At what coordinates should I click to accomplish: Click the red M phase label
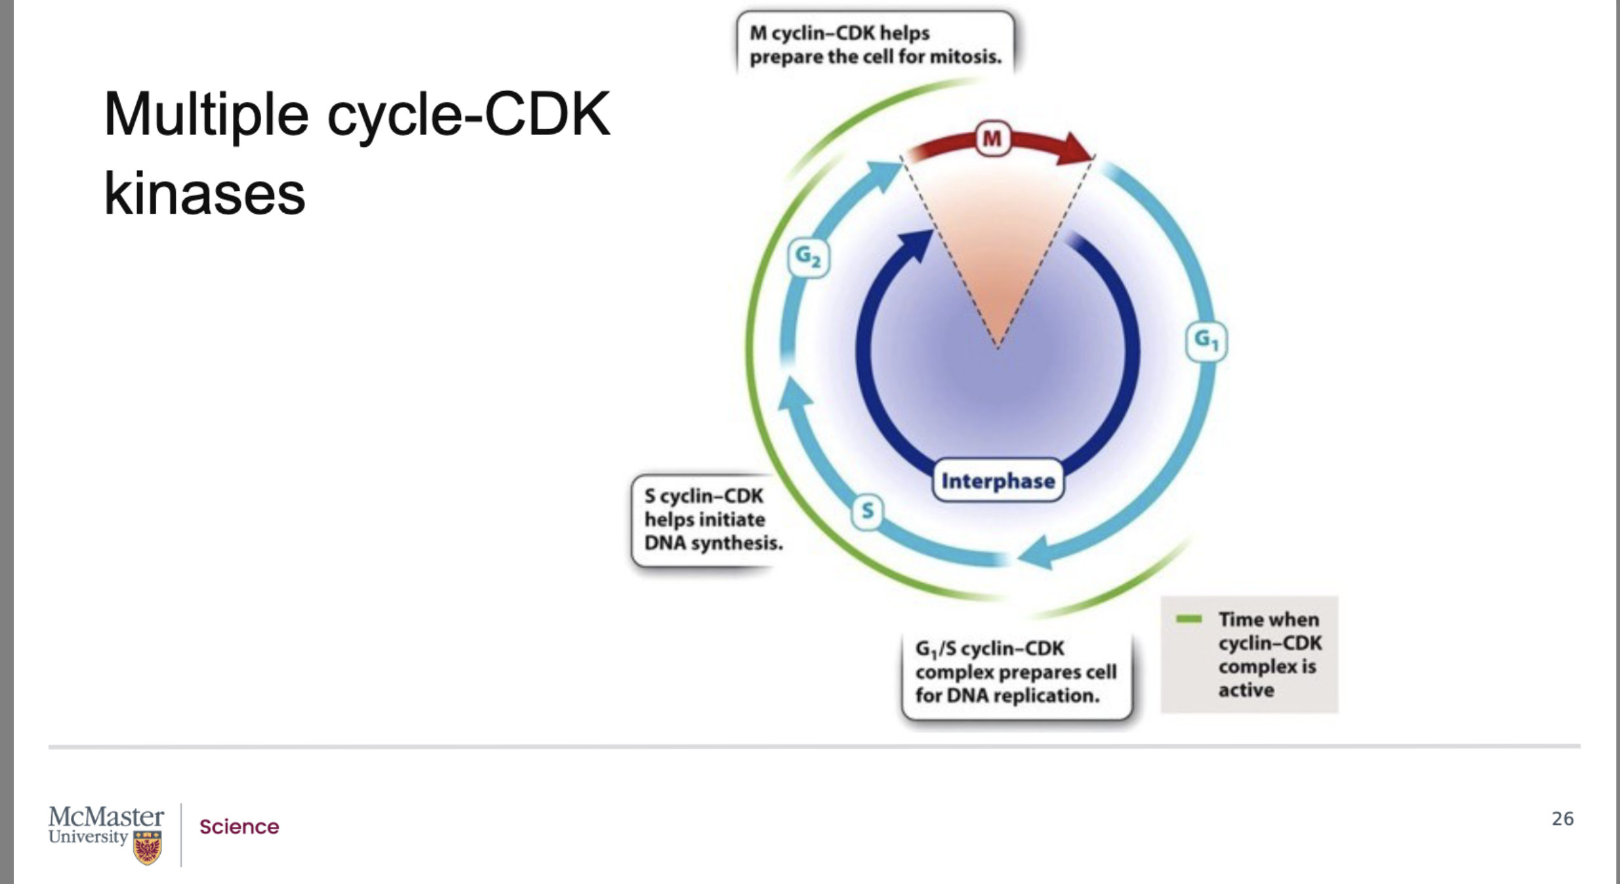pyautogui.click(x=992, y=138)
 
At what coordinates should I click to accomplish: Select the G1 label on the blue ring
pyautogui.click(x=1206, y=341)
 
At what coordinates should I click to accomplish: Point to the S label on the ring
pyautogui.click(x=867, y=510)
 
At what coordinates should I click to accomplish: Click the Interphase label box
pyautogui.click(x=998, y=481)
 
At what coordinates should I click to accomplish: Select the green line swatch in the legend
pyautogui.click(x=1188, y=618)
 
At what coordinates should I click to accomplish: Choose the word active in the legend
pyautogui.click(x=1246, y=690)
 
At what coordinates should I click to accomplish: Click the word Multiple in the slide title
pyautogui.click(x=206, y=115)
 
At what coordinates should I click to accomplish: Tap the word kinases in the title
pyautogui.click(x=205, y=194)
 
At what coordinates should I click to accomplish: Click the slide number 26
pyautogui.click(x=1562, y=818)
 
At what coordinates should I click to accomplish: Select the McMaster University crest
pyautogui.click(x=147, y=848)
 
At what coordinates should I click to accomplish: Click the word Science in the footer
pyautogui.click(x=239, y=827)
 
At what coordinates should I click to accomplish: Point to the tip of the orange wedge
pyautogui.click(x=998, y=345)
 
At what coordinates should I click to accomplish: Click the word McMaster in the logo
pyautogui.click(x=106, y=817)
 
